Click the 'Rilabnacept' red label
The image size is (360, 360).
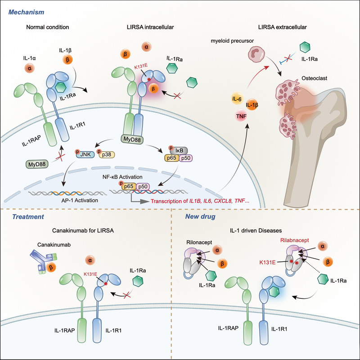pyautogui.click(x=279, y=241)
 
